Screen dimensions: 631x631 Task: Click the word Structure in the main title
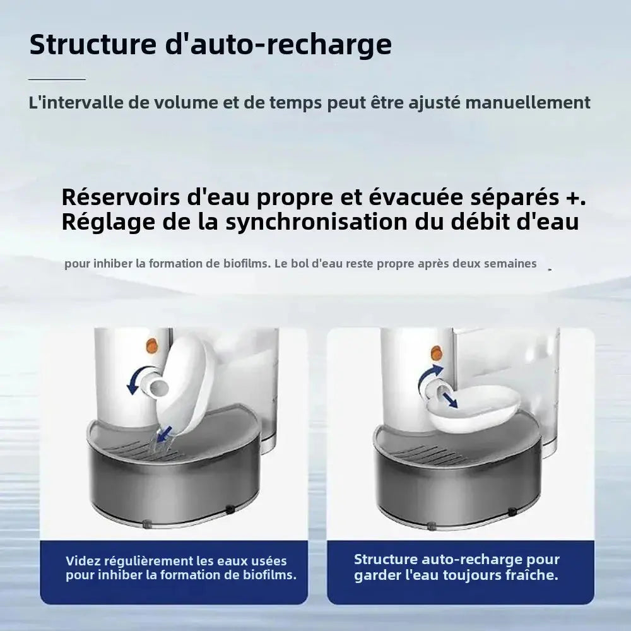pos(93,44)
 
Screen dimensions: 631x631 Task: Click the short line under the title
pos(57,80)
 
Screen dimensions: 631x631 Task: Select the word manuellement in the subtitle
pos(528,103)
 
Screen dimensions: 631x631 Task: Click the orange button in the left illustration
pos(152,345)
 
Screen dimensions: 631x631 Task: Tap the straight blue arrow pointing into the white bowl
pos(450,401)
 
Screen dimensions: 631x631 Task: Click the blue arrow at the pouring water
pos(164,434)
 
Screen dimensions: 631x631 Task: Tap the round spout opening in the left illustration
pos(158,386)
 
